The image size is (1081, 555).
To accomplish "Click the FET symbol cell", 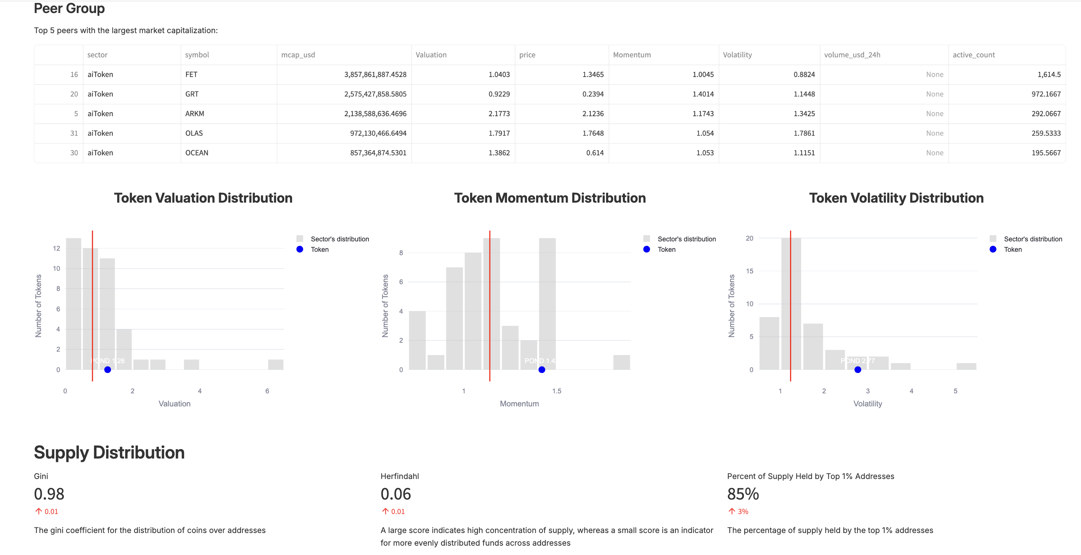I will point(191,74).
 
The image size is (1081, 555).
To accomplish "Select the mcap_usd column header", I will point(298,55).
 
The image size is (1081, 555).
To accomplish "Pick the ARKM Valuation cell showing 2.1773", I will point(498,114).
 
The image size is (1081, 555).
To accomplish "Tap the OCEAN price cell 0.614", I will point(595,153).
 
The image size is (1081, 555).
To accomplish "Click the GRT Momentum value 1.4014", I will point(703,94).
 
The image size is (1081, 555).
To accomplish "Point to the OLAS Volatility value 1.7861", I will point(803,133).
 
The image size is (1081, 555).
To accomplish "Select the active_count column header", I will point(974,55).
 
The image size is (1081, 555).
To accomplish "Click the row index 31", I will point(74,133).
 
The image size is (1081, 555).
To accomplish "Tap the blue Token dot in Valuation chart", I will point(107,370).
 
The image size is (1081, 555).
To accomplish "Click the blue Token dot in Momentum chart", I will point(542,370).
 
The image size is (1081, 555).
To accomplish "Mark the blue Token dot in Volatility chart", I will point(858,370).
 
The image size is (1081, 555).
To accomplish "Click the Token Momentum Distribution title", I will point(550,198).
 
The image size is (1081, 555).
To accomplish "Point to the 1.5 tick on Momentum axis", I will point(557,391).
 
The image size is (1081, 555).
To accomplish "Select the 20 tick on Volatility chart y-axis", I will point(749,238).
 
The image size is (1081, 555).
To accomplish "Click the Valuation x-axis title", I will point(175,403).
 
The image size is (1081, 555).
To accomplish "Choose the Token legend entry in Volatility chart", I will point(1012,250).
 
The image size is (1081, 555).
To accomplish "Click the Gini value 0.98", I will point(49,494).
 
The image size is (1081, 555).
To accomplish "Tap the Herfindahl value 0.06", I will point(396,494).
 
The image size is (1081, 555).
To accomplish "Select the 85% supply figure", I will point(743,494).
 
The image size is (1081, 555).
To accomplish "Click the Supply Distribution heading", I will point(109,453).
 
